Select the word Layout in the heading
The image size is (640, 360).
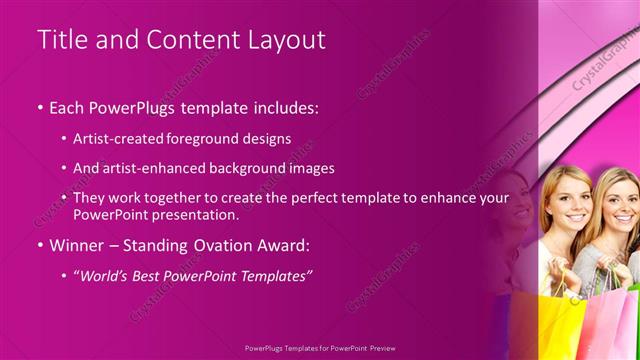pyautogui.click(x=288, y=40)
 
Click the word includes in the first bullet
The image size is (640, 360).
pyautogui.click(x=282, y=108)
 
